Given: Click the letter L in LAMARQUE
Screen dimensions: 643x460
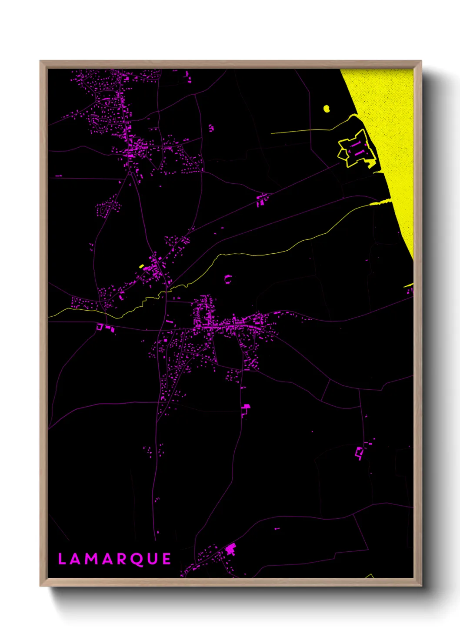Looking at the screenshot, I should (62, 559).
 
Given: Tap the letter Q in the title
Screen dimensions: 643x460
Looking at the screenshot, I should (137, 560).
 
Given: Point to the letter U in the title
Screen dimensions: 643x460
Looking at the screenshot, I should (153, 559).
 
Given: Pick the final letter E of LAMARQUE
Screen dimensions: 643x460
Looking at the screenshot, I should (167, 559).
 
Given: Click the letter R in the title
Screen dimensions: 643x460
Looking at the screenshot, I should (123, 559).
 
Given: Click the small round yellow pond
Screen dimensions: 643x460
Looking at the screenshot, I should (327, 108).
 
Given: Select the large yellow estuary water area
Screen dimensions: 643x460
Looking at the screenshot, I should (387, 130).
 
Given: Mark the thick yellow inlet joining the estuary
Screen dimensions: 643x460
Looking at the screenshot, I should (380, 202).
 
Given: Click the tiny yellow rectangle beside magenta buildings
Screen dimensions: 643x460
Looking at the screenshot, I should (141, 266).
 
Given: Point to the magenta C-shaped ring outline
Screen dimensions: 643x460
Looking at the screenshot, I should (227, 278).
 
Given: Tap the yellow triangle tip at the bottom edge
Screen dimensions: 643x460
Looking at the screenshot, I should (370, 576).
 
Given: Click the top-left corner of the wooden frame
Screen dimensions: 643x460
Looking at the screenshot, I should (41, 61).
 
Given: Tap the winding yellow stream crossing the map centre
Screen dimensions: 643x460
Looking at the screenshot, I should (243, 254).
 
